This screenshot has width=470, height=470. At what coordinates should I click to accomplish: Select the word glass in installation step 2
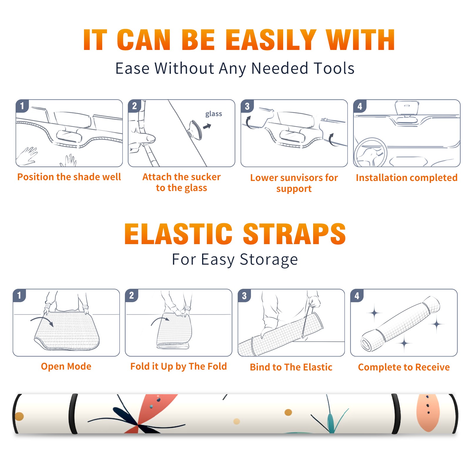[214, 114]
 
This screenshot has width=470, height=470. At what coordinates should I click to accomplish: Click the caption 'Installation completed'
[407, 177]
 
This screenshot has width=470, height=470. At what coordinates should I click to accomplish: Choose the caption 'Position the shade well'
[69, 177]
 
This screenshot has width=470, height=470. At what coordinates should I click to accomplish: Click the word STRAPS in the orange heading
[294, 234]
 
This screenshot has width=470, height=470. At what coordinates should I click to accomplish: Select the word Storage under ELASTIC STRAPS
[269, 260]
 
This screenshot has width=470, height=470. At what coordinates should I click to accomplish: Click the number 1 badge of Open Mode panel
[19, 295]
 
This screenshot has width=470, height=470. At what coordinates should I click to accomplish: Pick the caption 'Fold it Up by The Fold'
[179, 366]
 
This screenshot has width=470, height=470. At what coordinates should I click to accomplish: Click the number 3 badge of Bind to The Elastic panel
[244, 296]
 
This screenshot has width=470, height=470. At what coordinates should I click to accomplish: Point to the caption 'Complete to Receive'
[404, 367]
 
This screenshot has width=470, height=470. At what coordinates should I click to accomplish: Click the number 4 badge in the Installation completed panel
[360, 106]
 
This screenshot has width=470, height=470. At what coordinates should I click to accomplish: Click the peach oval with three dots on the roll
[428, 413]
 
